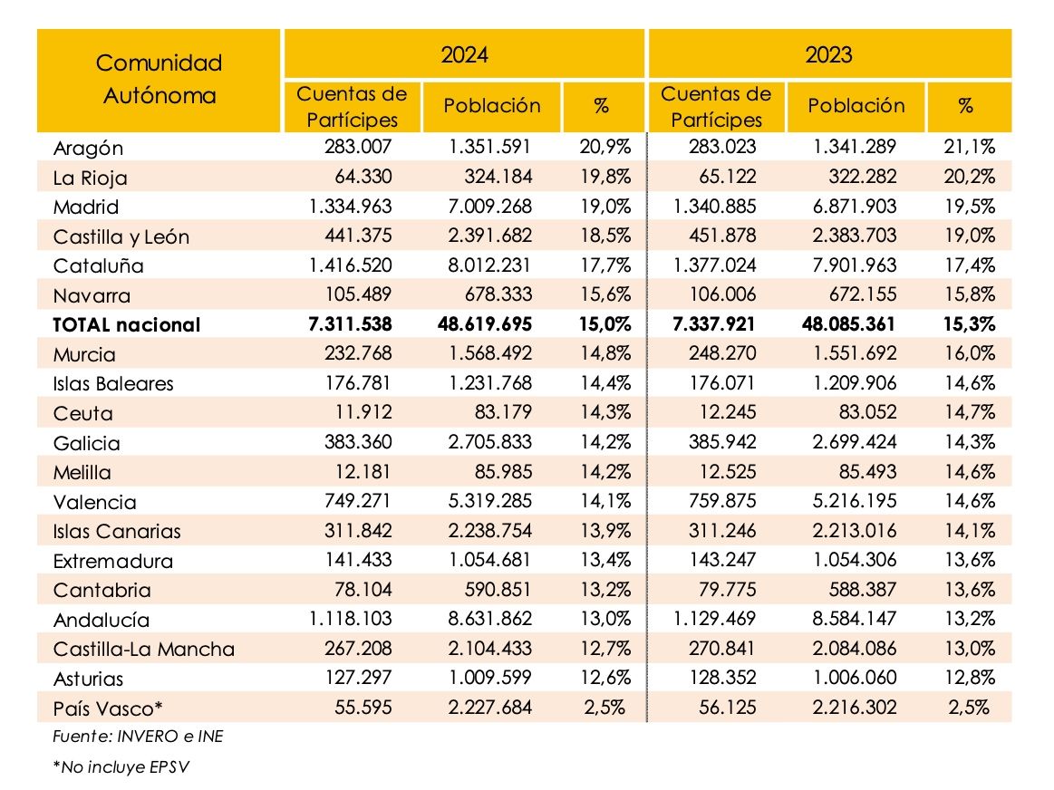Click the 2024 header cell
click(x=464, y=54)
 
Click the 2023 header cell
click(x=829, y=54)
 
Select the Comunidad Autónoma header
click(x=159, y=80)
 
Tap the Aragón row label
click(x=88, y=148)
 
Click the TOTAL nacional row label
click(x=126, y=325)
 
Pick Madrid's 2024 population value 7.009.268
click(x=491, y=207)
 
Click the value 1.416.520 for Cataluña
click(x=350, y=265)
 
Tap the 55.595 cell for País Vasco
click(x=363, y=708)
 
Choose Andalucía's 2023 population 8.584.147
click(x=855, y=619)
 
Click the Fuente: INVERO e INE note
click(x=138, y=737)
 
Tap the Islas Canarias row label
click(x=117, y=531)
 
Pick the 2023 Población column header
click(x=856, y=106)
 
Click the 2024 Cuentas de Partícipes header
click(x=352, y=106)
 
